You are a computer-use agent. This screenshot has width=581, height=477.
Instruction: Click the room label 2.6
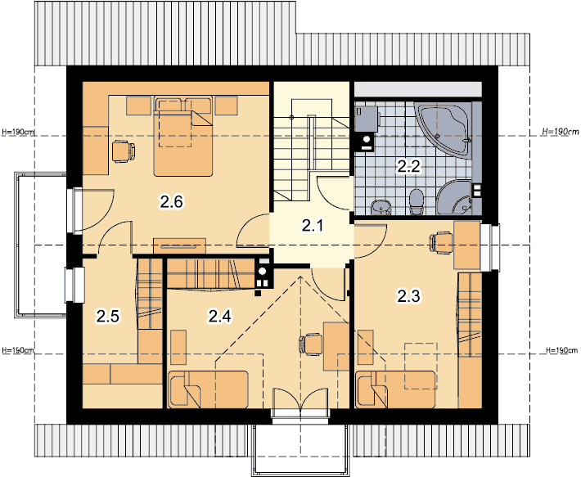(172, 202)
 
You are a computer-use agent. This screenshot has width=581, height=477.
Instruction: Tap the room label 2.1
(313, 226)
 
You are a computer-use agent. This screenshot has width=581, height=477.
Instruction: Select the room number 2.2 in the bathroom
(409, 166)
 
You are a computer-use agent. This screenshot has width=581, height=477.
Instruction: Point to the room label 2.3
(408, 296)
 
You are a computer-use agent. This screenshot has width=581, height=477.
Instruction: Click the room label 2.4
(220, 317)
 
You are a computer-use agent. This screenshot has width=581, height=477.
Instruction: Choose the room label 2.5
(108, 317)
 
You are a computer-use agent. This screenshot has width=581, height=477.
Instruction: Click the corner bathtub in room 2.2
(444, 130)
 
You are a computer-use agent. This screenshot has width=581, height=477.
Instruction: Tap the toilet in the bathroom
(417, 202)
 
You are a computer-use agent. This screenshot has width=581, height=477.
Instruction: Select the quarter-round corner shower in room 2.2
(455, 198)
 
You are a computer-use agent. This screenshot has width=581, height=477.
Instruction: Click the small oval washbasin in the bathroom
(381, 207)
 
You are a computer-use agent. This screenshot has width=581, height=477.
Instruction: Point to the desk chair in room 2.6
(124, 151)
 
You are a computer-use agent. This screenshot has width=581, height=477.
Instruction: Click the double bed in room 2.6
(183, 136)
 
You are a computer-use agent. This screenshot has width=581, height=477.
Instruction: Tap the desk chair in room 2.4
(310, 344)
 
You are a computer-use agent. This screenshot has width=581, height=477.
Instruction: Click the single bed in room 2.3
(395, 390)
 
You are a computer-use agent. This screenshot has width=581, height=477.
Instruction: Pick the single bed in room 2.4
(208, 389)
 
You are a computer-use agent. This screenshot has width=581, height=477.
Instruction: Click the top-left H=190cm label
(19, 132)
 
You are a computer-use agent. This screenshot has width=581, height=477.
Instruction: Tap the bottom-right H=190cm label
(561, 350)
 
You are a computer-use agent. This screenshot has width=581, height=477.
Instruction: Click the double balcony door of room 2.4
(300, 403)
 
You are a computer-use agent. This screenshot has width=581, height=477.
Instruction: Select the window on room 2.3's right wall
(491, 247)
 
